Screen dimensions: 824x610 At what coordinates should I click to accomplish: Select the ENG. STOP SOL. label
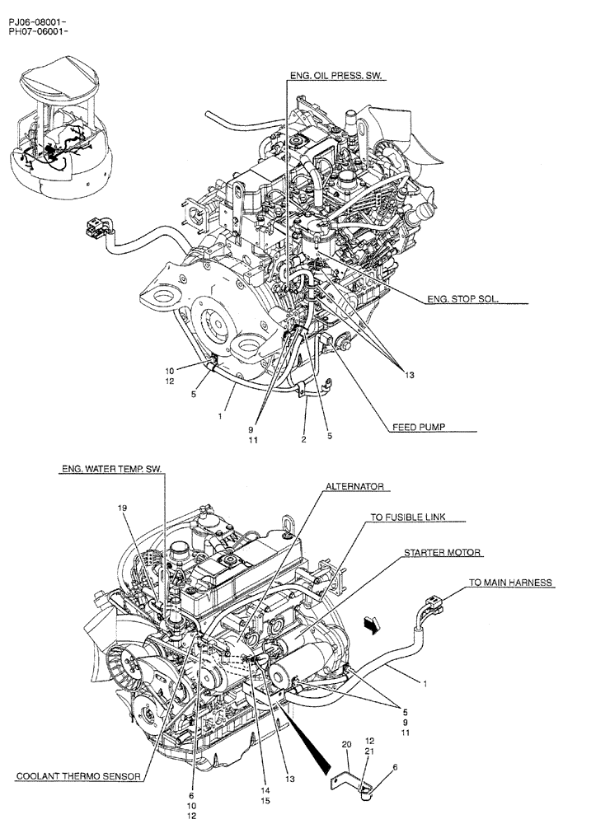462,300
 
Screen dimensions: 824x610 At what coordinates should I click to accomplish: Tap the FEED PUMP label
420,428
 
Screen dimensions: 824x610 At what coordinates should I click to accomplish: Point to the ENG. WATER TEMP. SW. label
112,469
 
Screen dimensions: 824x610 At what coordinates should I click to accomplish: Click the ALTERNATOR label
355,487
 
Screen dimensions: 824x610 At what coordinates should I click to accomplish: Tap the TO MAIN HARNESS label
510,583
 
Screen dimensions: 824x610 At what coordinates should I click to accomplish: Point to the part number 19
123,509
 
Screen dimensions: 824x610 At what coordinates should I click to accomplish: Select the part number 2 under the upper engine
303,440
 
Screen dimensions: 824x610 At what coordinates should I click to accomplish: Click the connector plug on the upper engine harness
98,227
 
